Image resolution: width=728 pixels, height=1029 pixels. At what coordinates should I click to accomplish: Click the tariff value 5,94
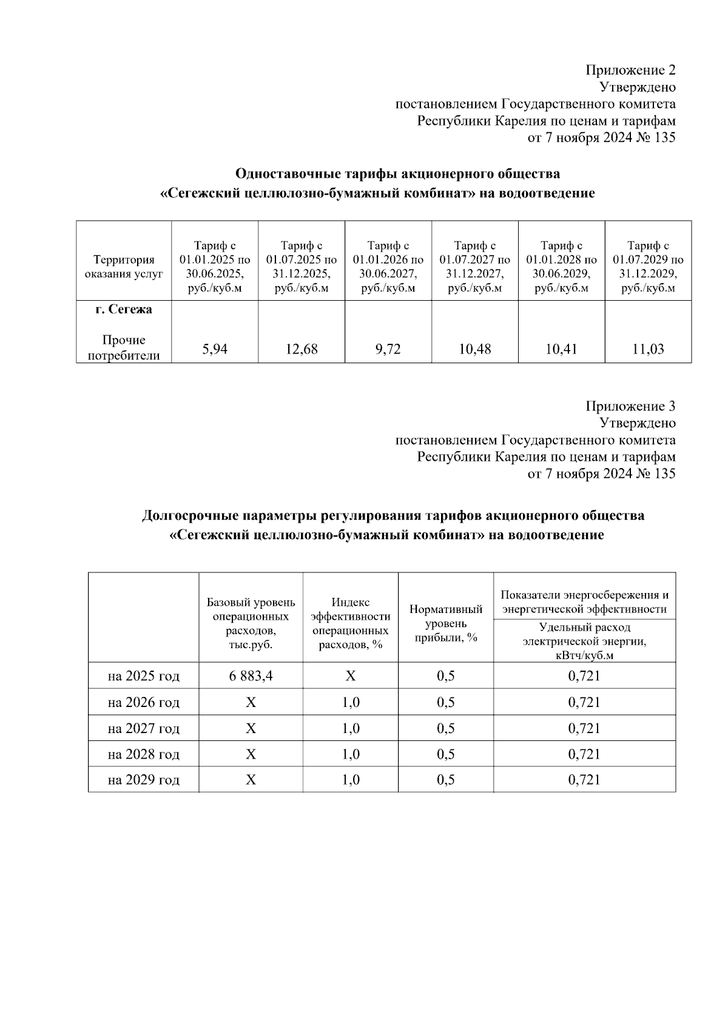point(215,349)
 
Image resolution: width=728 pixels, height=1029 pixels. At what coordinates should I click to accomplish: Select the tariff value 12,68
point(302,349)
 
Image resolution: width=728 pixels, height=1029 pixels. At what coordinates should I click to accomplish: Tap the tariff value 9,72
point(388,349)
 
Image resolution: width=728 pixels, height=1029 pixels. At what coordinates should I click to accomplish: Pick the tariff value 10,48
point(475,349)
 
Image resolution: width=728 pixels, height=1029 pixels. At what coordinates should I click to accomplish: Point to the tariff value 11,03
point(648,349)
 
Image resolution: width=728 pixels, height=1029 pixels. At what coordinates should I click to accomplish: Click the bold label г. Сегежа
point(124,310)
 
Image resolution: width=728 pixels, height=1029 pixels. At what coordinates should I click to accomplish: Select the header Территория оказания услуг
point(124,267)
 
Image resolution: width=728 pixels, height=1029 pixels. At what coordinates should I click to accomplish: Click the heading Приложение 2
point(630,70)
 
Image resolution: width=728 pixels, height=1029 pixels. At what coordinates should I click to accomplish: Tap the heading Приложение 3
point(630,406)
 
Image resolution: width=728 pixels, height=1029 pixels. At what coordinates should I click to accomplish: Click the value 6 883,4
point(251,675)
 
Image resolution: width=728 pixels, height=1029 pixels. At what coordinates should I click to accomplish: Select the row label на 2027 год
point(144,728)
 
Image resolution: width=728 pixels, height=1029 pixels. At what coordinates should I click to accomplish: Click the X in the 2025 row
point(350,675)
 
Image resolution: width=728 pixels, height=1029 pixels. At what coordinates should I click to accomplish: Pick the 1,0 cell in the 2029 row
point(350,780)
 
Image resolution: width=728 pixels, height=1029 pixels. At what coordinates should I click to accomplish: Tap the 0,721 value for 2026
point(584,702)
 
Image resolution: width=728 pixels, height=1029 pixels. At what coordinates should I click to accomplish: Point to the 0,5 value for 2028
point(446,754)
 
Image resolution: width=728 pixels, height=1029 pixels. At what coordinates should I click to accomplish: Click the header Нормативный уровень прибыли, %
point(446,623)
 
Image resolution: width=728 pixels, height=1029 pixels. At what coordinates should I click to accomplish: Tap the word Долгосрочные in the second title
point(189,516)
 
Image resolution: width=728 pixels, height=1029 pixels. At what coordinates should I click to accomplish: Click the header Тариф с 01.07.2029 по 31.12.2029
point(648,267)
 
